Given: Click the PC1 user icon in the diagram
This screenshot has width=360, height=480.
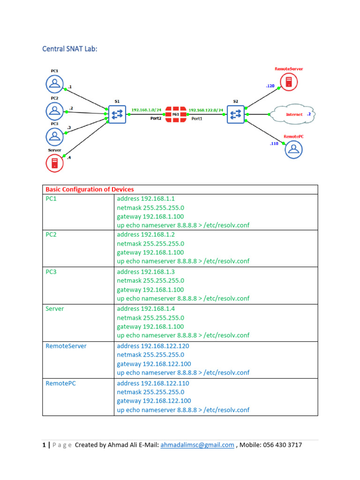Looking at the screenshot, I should pos(55,84).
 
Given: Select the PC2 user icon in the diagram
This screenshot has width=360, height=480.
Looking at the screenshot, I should pos(55,111).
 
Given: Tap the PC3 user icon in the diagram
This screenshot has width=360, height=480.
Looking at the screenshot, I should pos(55,136).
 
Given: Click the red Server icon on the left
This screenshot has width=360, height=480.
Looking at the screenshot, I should pos(55,163).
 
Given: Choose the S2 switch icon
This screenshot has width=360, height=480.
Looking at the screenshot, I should pos(236,114).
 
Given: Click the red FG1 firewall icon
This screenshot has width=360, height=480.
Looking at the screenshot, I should pos(175,114).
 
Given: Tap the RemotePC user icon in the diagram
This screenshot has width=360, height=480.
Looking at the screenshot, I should pos(293,150).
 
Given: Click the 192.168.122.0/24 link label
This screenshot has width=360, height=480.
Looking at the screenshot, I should pos(206,110).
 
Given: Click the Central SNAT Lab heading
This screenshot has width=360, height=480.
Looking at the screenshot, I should pos(70,48).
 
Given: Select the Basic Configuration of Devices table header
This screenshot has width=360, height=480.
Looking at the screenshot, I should pos(90,189).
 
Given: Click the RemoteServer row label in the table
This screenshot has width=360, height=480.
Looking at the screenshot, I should pos(66,346).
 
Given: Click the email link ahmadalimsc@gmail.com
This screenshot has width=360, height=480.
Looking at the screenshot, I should pos(197,445).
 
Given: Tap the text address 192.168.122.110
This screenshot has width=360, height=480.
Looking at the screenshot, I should pos(153,383).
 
